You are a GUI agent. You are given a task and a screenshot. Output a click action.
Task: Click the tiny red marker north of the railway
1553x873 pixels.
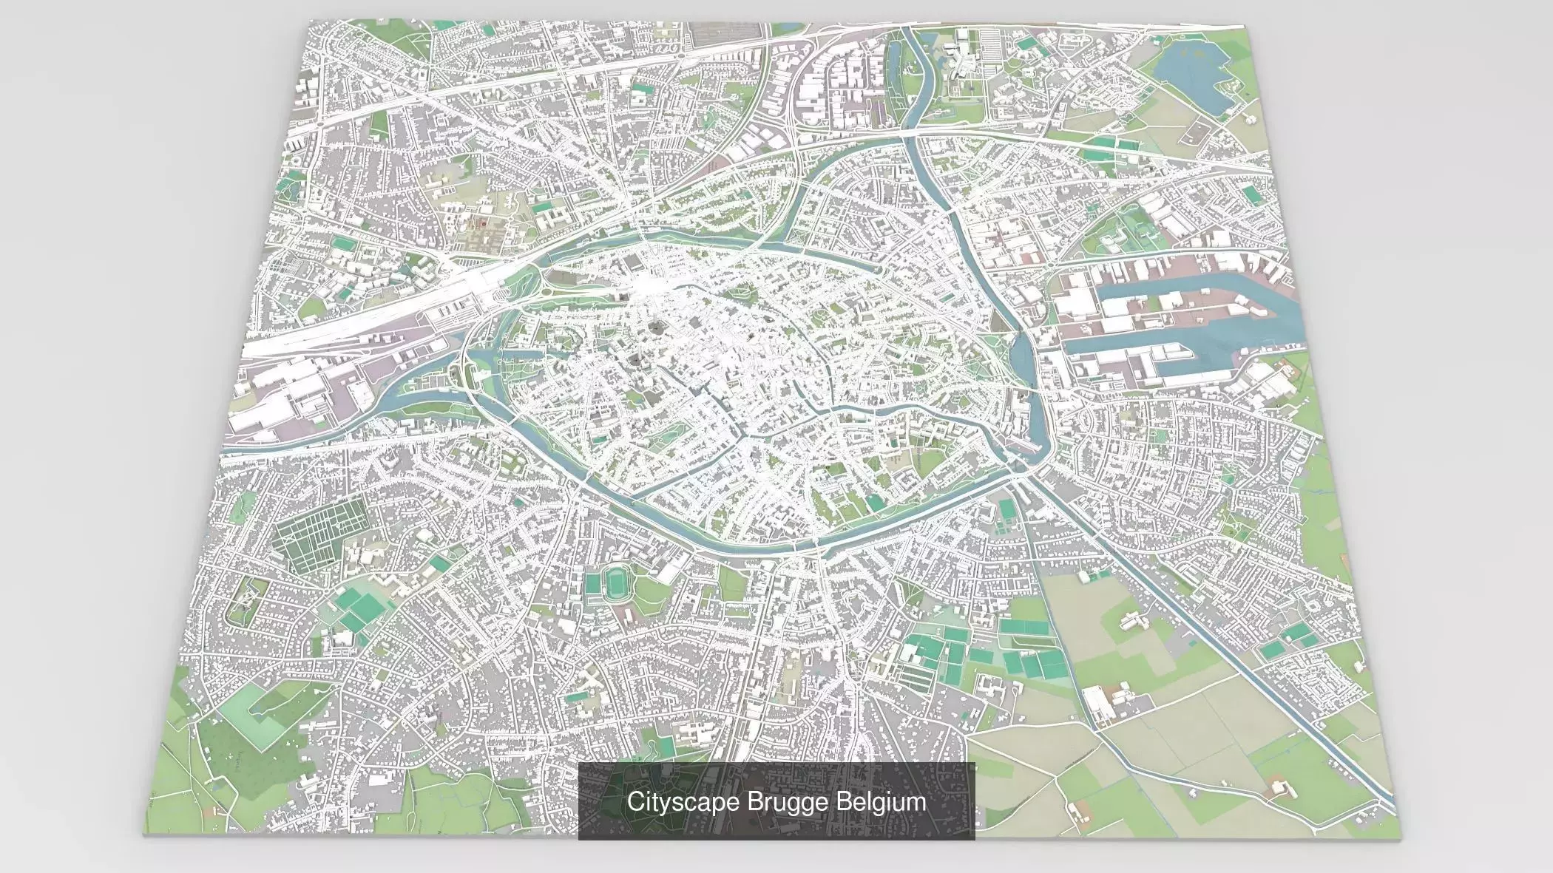(482, 221)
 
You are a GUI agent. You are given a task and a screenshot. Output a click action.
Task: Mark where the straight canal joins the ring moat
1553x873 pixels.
(1024, 469)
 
